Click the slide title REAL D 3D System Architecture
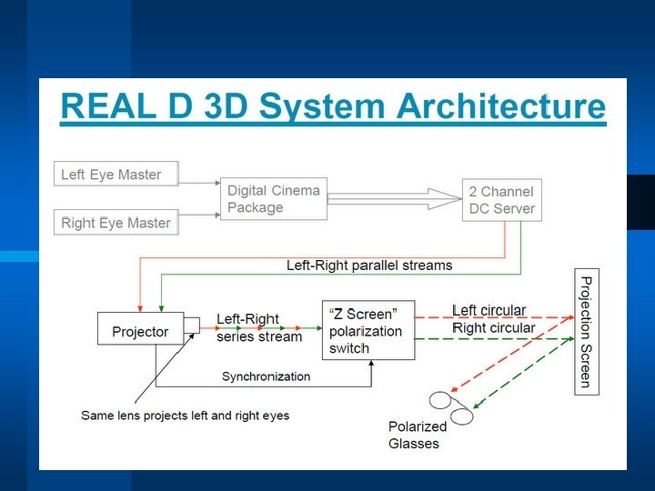tap(332, 107)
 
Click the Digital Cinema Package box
tap(274, 199)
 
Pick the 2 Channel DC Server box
tap(501, 199)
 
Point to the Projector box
tap(140, 331)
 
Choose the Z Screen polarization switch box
tap(368, 331)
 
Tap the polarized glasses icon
tap(451, 406)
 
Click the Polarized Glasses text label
tap(417, 436)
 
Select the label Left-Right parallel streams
tap(369, 266)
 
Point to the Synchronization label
tap(266, 376)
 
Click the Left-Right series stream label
tap(258, 328)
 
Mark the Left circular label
tap(489, 311)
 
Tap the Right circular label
tap(494, 327)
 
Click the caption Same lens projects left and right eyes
tap(185, 416)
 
